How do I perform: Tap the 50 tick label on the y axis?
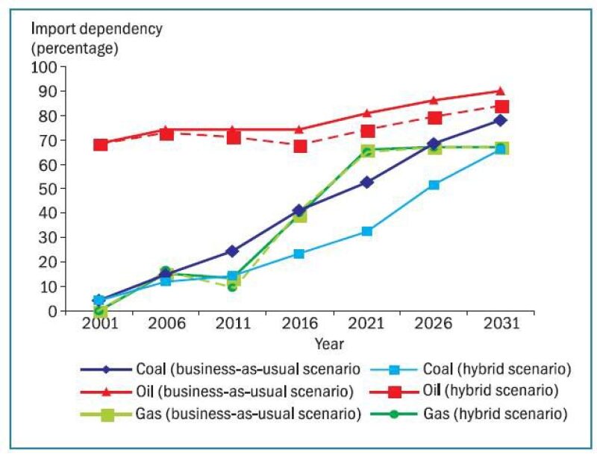(48, 189)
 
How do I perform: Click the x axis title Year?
(329, 344)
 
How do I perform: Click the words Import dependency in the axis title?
(96, 29)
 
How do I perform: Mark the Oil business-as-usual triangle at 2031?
(500, 91)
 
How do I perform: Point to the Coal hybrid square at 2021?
(367, 231)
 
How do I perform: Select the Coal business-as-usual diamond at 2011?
(233, 251)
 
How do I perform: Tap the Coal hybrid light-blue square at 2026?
(434, 184)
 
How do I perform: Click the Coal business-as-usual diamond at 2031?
(500, 120)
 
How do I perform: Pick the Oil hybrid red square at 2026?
(434, 118)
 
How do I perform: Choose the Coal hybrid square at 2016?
(300, 254)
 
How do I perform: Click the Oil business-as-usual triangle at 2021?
(367, 113)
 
